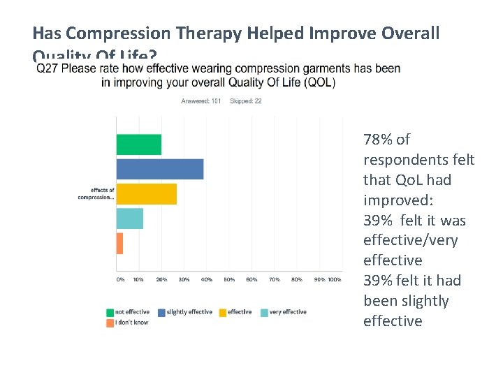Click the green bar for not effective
(x=138, y=145)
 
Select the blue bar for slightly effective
(x=159, y=169)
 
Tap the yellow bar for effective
(x=146, y=194)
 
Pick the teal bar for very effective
(x=129, y=219)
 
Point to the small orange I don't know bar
(x=119, y=243)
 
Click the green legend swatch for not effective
(x=110, y=312)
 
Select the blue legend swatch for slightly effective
(x=161, y=312)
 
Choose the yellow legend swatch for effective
(x=222, y=312)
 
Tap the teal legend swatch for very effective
(x=265, y=312)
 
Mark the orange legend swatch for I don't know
(x=110, y=323)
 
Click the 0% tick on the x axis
(x=120, y=280)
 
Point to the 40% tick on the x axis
(x=207, y=280)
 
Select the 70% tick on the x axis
(x=275, y=280)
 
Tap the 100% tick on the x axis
(x=335, y=280)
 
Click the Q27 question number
(x=47, y=69)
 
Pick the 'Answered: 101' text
(x=201, y=101)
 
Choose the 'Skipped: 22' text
(x=246, y=101)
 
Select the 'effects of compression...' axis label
(x=96, y=193)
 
